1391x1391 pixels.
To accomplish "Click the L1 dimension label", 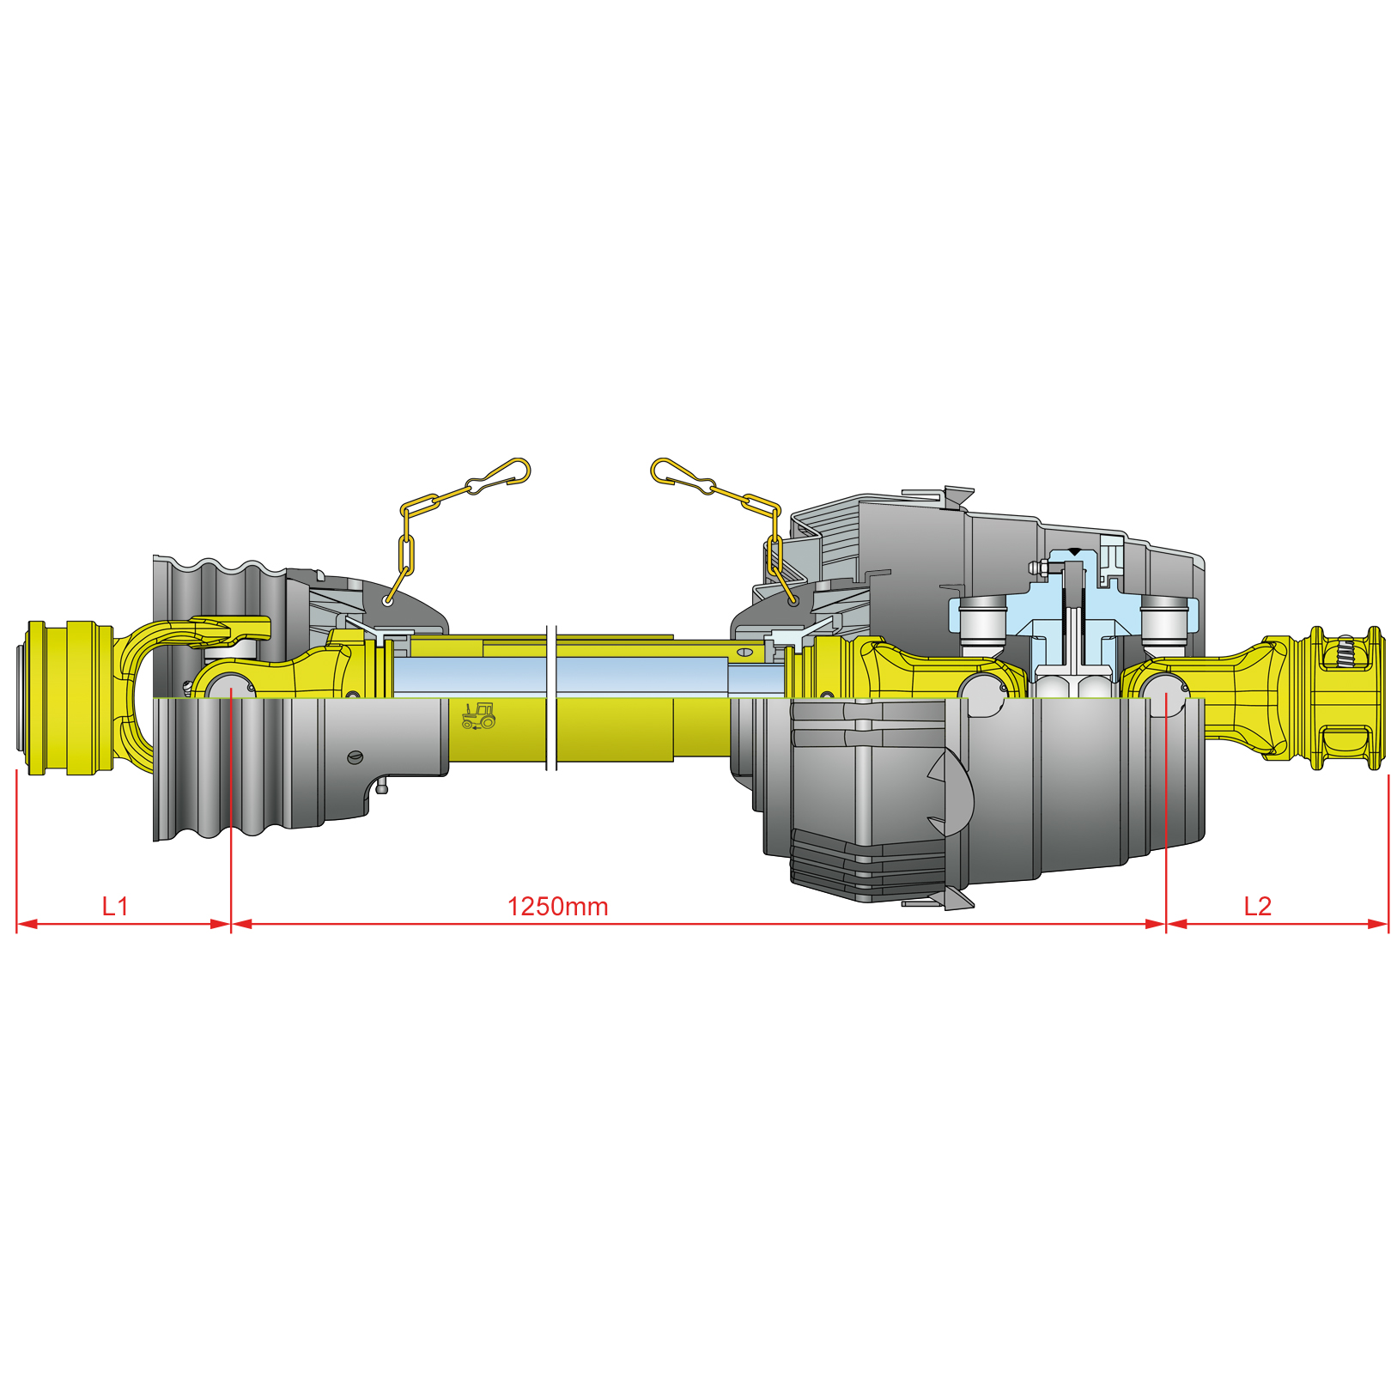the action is point(115,906).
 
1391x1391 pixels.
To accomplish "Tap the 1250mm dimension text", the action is point(558,907).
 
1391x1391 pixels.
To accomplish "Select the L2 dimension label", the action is point(1258,906).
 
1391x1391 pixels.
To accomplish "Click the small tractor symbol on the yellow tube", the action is point(478,716).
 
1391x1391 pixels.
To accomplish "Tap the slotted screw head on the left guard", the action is point(355,756).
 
